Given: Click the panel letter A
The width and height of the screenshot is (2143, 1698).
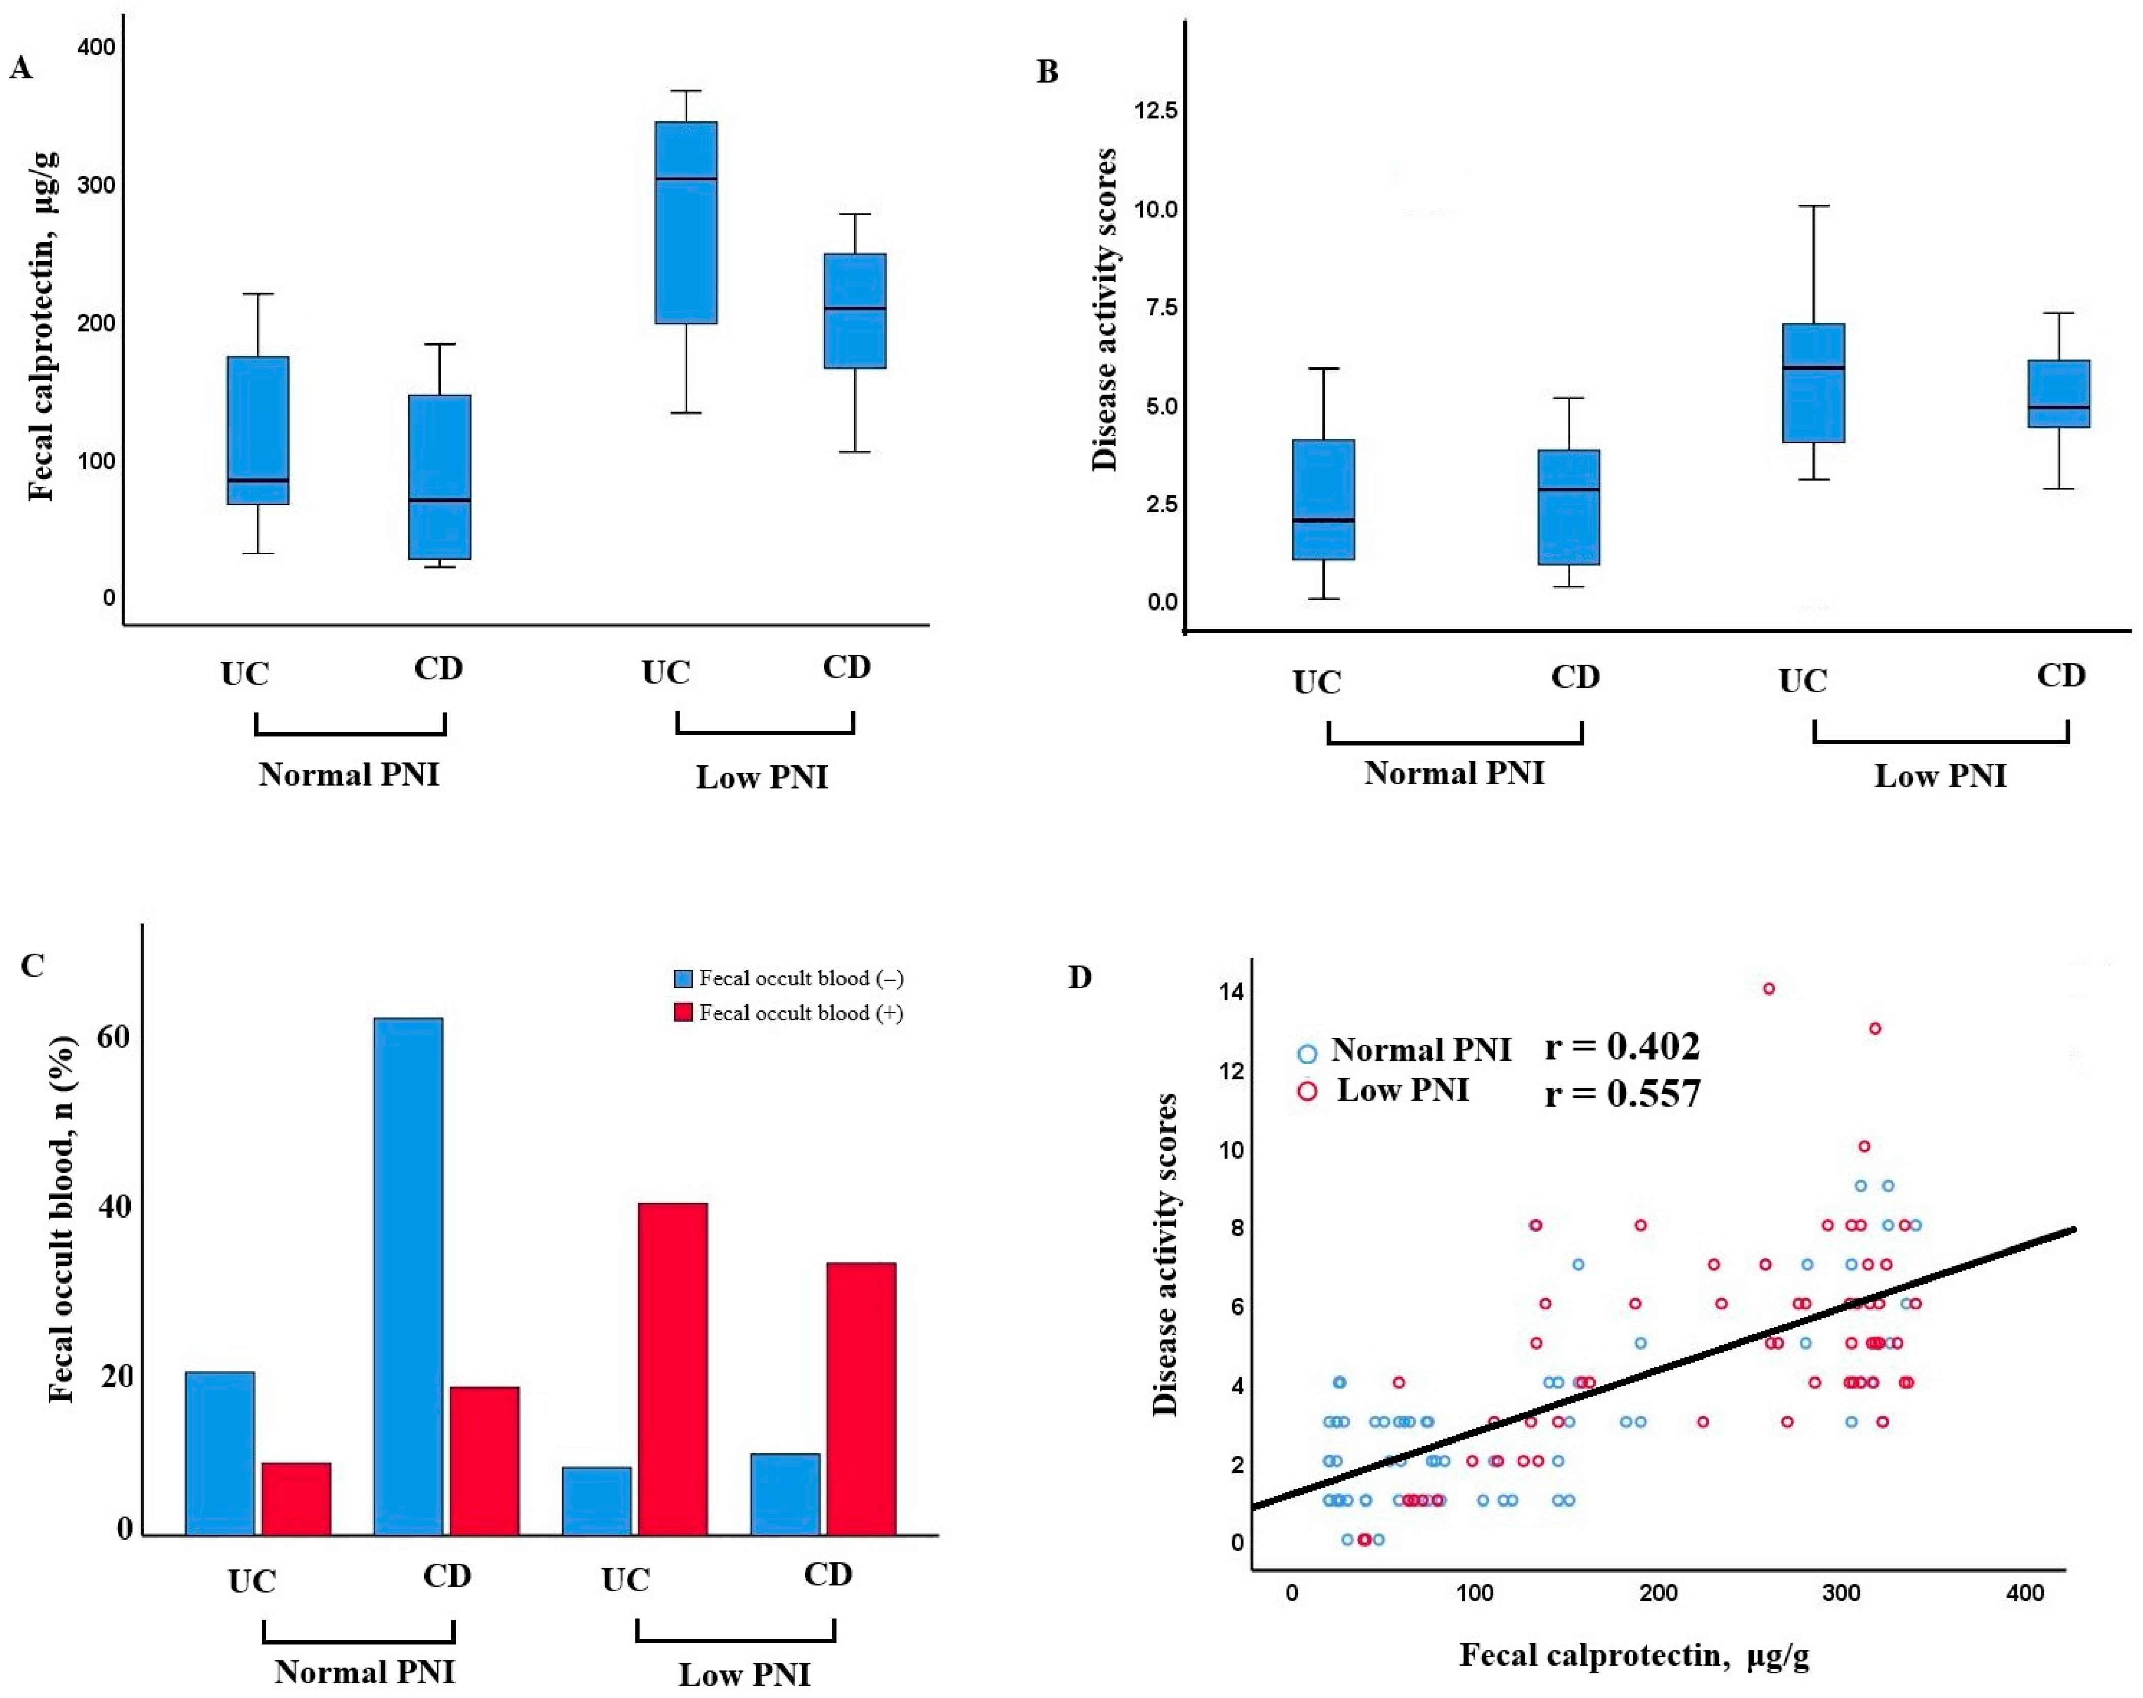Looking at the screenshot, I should coord(21,69).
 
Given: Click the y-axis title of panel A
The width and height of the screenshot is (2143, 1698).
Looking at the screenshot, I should coord(42,326).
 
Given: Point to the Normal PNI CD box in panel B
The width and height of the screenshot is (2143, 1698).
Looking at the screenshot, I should coord(1569,507).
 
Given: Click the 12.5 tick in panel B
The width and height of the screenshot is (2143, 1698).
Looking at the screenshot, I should coord(1156,110).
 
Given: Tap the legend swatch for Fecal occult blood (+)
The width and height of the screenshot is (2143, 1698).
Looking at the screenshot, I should coord(683,1013).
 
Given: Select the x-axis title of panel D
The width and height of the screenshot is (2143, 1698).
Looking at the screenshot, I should coord(1634,1655).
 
